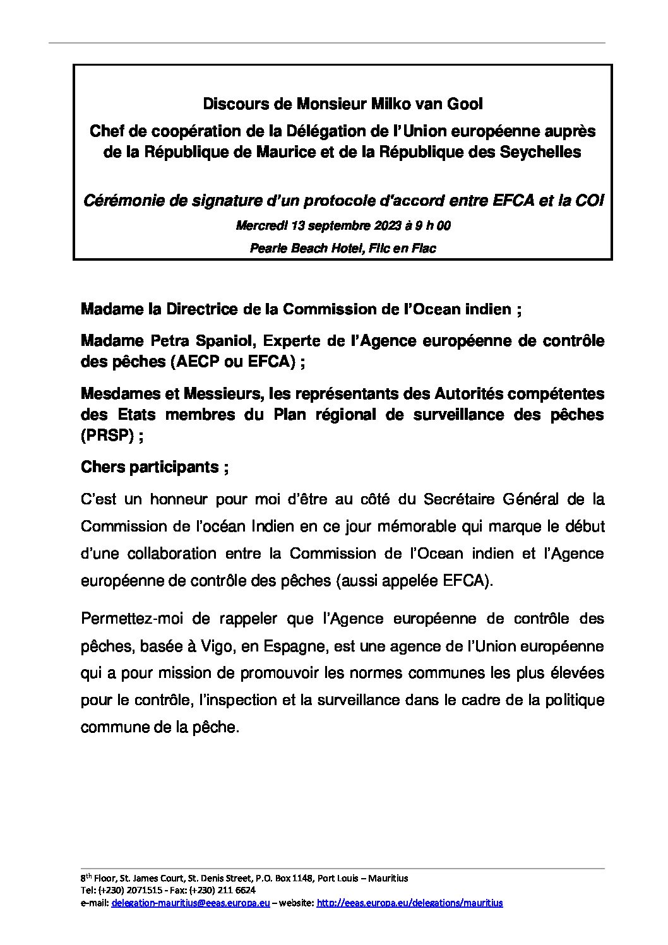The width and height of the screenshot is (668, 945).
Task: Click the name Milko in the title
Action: click(x=407, y=104)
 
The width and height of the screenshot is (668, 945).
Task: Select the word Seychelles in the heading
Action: click(x=544, y=152)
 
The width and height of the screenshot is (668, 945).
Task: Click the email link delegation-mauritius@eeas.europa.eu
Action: click(x=191, y=903)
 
